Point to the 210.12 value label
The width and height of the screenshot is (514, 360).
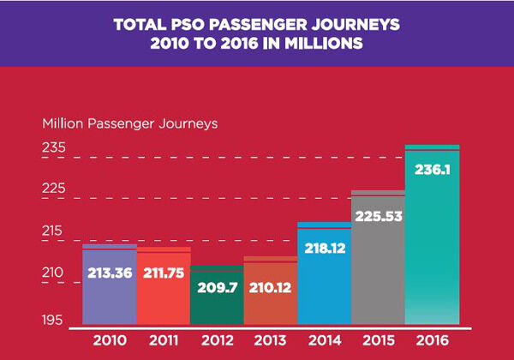pos(270,287)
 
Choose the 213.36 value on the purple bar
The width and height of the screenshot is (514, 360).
pos(109,274)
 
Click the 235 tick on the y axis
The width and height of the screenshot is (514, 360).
pos(54,147)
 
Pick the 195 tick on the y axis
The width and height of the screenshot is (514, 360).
pos(54,320)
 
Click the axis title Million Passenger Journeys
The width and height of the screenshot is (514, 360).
pos(129,123)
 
